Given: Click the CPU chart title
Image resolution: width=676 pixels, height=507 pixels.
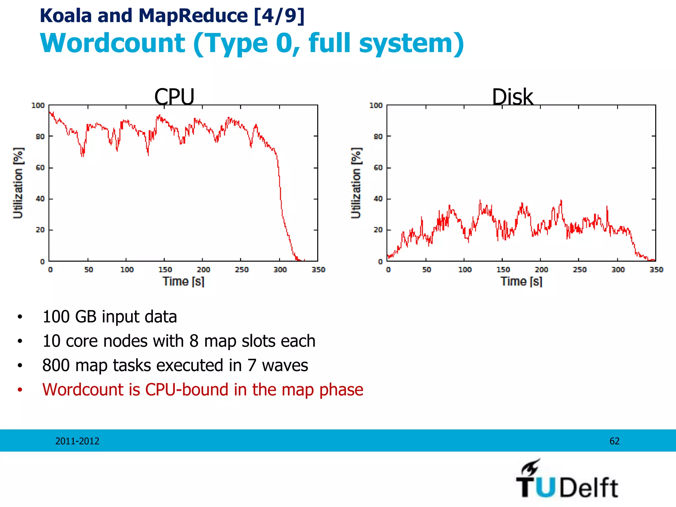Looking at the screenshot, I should (174, 97).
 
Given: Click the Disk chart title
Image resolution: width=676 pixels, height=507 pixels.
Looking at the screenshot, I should (512, 97).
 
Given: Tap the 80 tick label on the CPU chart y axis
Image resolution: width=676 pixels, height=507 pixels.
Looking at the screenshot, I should (40, 136).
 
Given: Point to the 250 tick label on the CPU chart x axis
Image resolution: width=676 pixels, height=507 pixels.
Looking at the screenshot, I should (242, 270).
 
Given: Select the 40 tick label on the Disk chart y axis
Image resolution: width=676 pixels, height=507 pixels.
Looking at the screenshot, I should (378, 199).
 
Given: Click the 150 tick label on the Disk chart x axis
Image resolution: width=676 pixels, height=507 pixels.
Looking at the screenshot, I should (503, 270).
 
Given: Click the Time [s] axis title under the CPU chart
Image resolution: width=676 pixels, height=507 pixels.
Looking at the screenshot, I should (184, 282).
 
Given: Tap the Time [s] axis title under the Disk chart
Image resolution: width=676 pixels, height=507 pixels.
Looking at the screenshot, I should (521, 282).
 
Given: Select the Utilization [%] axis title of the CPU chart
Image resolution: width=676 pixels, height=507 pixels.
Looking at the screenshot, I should (18, 183).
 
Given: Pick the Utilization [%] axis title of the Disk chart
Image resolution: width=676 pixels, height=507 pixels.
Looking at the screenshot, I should (356, 183).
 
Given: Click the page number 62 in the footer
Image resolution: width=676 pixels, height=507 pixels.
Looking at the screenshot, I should (614, 441).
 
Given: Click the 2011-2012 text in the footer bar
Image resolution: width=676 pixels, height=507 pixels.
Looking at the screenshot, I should (77, 441).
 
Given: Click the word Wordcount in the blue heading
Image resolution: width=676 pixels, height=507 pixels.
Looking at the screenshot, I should (113, 43).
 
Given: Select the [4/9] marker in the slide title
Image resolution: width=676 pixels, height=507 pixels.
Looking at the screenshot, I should (279, 16).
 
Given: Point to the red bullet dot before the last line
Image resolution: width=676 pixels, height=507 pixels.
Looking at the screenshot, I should (20, 390).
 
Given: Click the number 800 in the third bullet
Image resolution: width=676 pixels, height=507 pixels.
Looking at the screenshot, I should (56, 365).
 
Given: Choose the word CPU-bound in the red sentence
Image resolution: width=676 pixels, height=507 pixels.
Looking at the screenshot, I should (187, 390).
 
